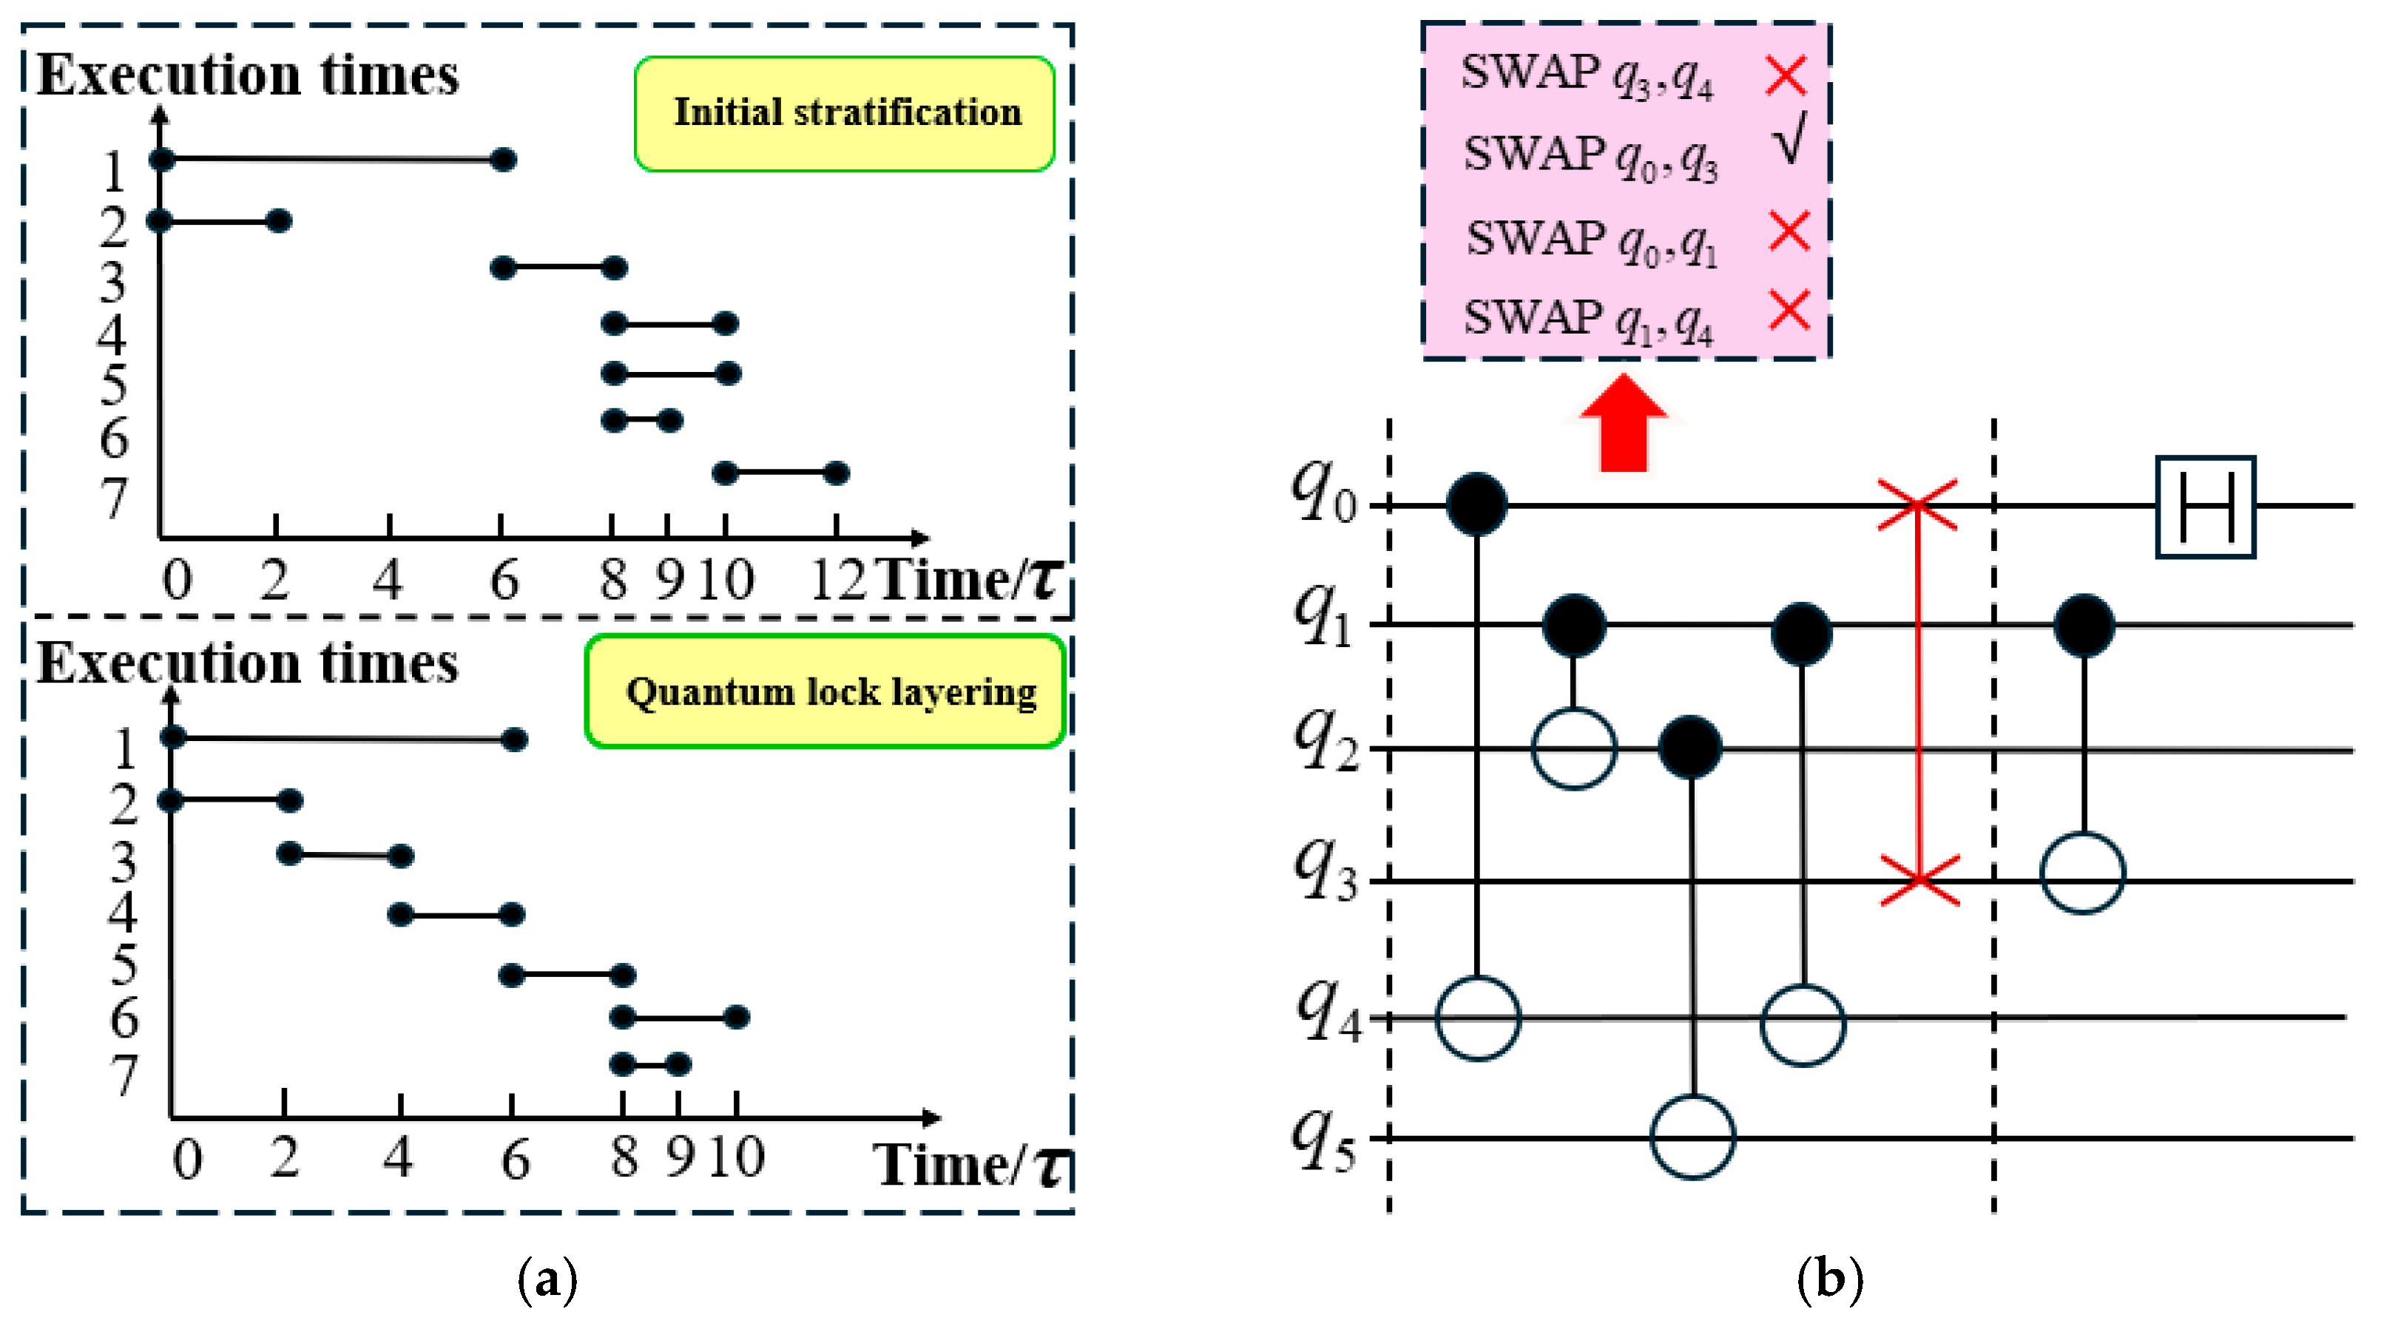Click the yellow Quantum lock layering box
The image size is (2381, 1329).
point(825,691)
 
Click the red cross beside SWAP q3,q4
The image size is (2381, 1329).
point(1785,75)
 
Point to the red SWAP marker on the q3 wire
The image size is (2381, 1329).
point(1919,880)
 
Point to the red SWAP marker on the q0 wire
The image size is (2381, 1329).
point(1917,504)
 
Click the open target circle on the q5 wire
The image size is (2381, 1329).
point(1692,1137)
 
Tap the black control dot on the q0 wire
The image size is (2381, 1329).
point(1476,504)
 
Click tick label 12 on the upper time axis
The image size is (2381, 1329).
point(837,581)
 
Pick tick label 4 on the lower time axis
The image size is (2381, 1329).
point(397,1157)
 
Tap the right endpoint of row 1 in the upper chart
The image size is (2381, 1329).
point(503,160)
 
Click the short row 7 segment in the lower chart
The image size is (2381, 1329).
point(651,1065)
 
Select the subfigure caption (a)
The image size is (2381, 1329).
point(547,1280)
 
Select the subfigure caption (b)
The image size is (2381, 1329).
point(1829,1280)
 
